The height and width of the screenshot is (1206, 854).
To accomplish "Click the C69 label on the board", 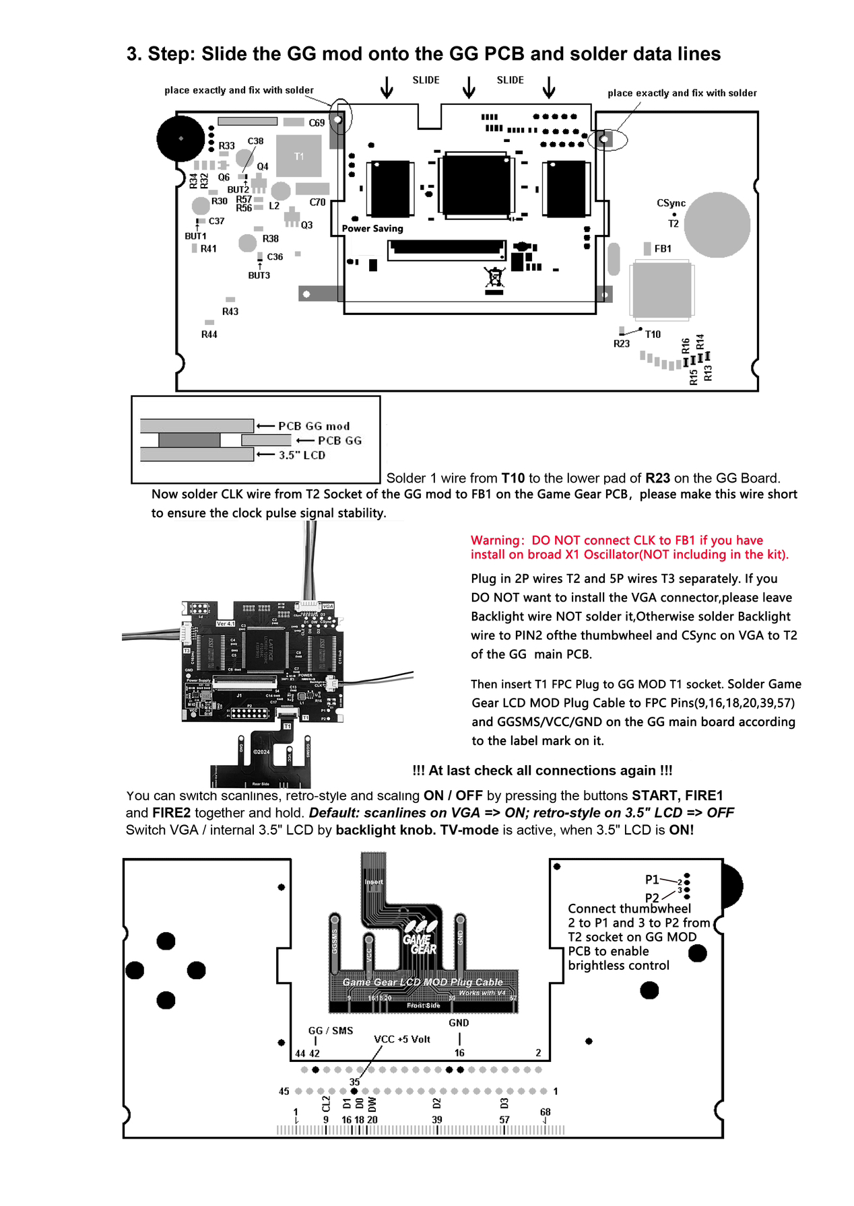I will click(317, 123).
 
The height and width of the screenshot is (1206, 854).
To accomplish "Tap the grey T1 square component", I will click(299, 156).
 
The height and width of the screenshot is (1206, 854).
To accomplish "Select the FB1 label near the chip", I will click(663, 249).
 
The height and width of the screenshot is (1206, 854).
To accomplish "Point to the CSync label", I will click(671, 203).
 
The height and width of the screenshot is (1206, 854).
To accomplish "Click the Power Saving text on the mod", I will click(372, 229).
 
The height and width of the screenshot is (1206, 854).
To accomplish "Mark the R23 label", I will click(621, 344).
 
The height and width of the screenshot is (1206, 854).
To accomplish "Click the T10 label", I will click(653, 334).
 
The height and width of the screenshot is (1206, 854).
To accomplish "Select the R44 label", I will click(209, 334).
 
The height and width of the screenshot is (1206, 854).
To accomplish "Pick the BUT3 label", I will click(259, 275).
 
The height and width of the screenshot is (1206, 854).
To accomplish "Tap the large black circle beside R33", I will click(180, 138).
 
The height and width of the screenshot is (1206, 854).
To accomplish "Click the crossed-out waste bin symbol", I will click(494, 277).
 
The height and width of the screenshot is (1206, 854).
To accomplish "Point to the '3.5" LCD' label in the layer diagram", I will click(302, 456).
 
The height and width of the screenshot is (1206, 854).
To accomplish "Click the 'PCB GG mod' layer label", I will click(314, 426).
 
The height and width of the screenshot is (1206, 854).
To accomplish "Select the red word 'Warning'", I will click(496, 540).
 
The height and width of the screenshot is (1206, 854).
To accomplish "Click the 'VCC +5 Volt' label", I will click(402, 1039).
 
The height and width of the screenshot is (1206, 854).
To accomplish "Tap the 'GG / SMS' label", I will click(331, 1030).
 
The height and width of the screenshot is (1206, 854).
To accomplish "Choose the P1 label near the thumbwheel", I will click(652, 880).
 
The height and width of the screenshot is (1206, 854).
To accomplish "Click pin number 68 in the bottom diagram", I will click(545, 1112).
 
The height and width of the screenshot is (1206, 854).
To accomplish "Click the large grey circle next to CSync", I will click(717, 225).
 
